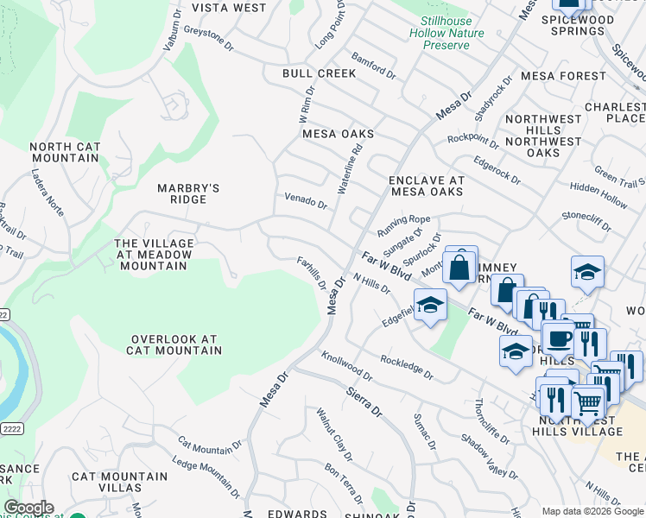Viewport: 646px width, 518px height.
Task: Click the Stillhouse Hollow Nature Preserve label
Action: click(453, 32)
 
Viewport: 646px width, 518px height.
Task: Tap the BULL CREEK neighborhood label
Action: click(319, 73)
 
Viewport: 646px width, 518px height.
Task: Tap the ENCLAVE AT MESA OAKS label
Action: click(427, 186)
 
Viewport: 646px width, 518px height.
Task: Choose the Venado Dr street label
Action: click(306, 201)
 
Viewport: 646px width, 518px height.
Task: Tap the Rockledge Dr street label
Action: click(407, 367)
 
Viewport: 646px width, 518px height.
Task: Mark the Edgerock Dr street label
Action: click(497, 170)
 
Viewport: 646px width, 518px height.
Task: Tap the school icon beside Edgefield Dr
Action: click(430, 304)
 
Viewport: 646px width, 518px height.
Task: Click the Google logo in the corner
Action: click(28, 508)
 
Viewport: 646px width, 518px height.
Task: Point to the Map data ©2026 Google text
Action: click(592, 511)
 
